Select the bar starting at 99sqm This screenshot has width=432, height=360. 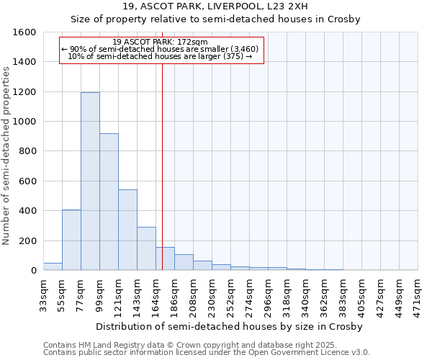(x=109, y=202)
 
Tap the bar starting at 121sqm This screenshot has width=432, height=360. (x=127, y=230)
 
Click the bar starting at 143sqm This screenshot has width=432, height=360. (x=146, y=248)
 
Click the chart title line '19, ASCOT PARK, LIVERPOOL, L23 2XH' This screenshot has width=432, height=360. (x=215, y=6)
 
